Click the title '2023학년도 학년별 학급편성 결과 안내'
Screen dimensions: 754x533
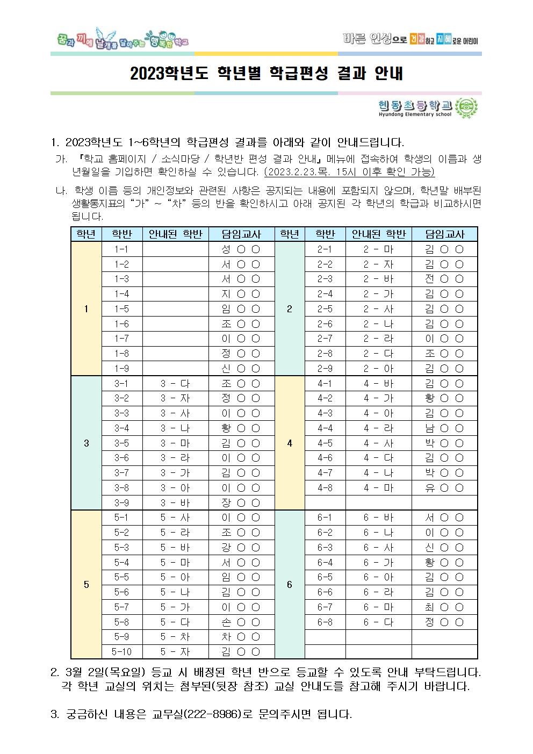click(x=266, y=74)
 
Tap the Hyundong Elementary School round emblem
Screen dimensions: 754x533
click(x=465, y=108)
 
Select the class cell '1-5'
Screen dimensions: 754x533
click(x=122, y=309)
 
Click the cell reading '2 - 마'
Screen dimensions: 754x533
click(x=378, y=249)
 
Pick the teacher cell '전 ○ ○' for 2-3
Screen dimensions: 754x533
click(x=444, y=279)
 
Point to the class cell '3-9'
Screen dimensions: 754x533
click(x=122, y=503)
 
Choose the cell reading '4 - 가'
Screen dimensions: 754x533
click(x=378, y=398)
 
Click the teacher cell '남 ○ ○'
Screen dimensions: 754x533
click(x=444, y=428)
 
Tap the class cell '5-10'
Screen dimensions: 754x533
click(x=122, y=652)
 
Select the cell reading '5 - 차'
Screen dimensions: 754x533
click(x=175, y=637)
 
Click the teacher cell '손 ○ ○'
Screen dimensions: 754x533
click(x=241, y=622)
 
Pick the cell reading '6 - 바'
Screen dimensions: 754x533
click(x=378, y=518)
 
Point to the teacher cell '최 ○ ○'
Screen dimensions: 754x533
click(x=444, y=607)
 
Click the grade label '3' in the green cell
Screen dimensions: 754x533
click(x=87, y=443)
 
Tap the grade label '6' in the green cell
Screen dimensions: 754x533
click(x=290, y=585)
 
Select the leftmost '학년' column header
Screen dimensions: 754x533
click(x=86, y=234)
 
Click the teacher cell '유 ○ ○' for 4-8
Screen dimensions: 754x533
click(x=444, y=488)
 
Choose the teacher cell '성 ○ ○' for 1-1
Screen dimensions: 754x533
click(x=241, y=249)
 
